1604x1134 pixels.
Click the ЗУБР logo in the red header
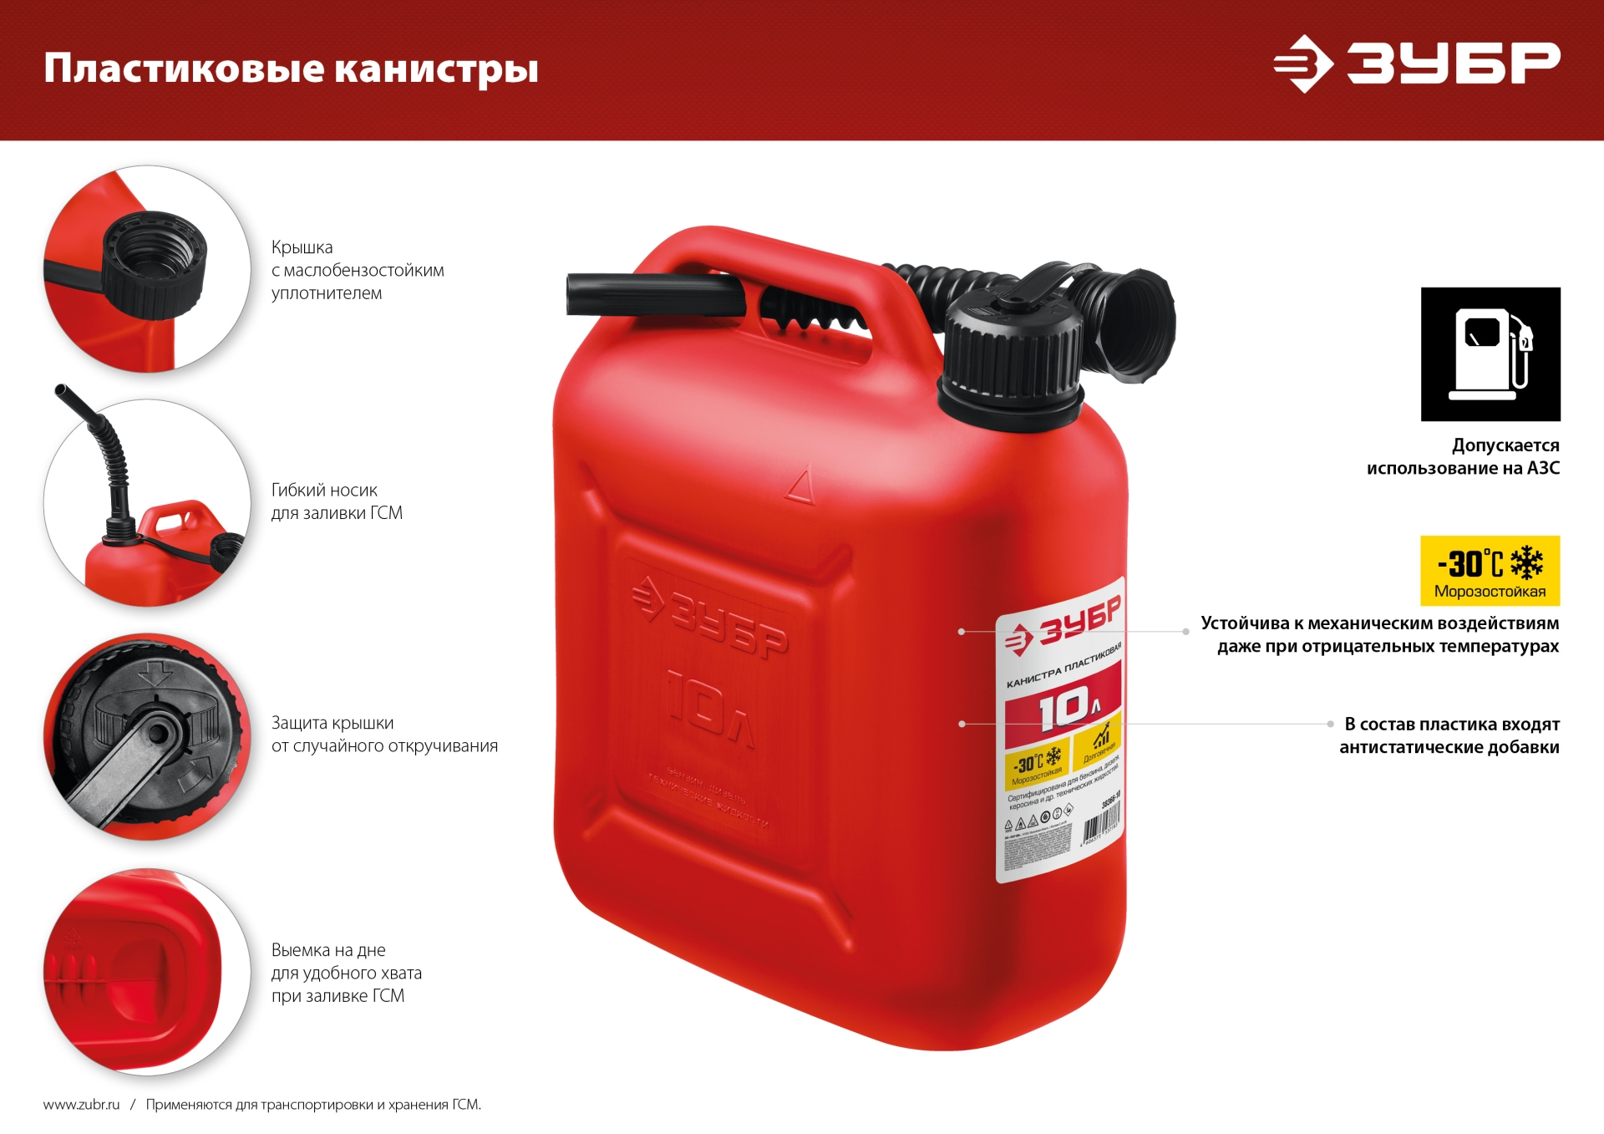[1416, 64]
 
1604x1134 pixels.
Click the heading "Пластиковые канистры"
[291, 69]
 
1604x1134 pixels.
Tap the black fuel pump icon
[1490, 353]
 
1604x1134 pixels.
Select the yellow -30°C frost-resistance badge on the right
[1490, 570]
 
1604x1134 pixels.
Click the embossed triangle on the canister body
[800, 487]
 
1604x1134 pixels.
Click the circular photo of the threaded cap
[147, 268]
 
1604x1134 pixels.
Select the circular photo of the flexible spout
[147, 502]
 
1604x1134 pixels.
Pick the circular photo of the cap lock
[147, 736]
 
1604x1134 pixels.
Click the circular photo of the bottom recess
[147, 971]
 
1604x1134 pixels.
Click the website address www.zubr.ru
[81, 1104]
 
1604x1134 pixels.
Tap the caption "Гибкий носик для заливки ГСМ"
[337, 501]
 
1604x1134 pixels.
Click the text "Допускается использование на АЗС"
[1463, 456]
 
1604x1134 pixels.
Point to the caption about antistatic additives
[1449, 735]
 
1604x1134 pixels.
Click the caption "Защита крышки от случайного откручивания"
[384, 735]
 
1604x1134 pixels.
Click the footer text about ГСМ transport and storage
[313, 1104]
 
